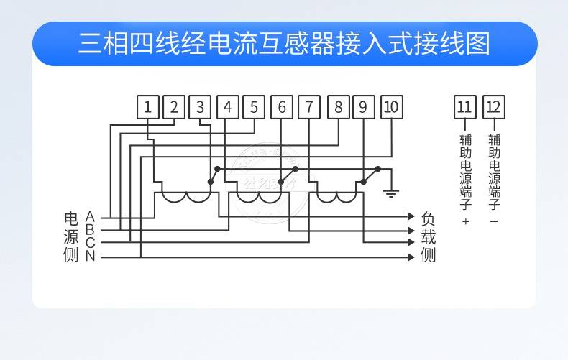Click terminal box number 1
(x=147, y=108)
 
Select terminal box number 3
(x=200, y=108)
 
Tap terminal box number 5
(x=253, y=108)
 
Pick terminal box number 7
(x=308, y=108)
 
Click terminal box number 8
(x=338, y=108)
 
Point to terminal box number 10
(x=391, y=108)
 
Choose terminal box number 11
(x=464, y=108)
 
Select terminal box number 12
(x=494, y=108)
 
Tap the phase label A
(x=90, y=216)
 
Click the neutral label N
(x=90, y=256)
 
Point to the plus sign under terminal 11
(x=465, y=221)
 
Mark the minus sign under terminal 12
(x=494, y=221)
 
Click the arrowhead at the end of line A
(x=411, y=216)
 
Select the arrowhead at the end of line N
(x=411, y=256)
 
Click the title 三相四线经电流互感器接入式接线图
(x=284, y=43)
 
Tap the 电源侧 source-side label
(x=70, y=236)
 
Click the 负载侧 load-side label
(x=429, y=236)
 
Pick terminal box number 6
(x=281, y=108)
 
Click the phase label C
(x=90, y=243)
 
